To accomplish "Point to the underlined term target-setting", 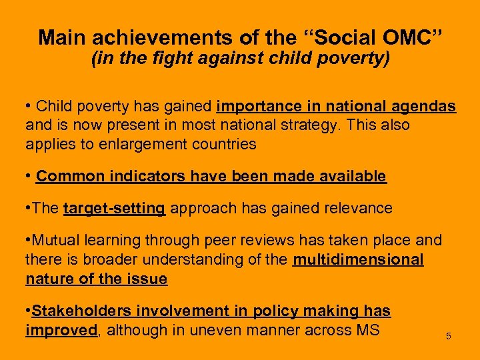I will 114,208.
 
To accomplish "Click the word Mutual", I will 55,240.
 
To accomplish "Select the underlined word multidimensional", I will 358,259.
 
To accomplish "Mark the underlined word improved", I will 61,330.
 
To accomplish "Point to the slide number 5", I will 449,336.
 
